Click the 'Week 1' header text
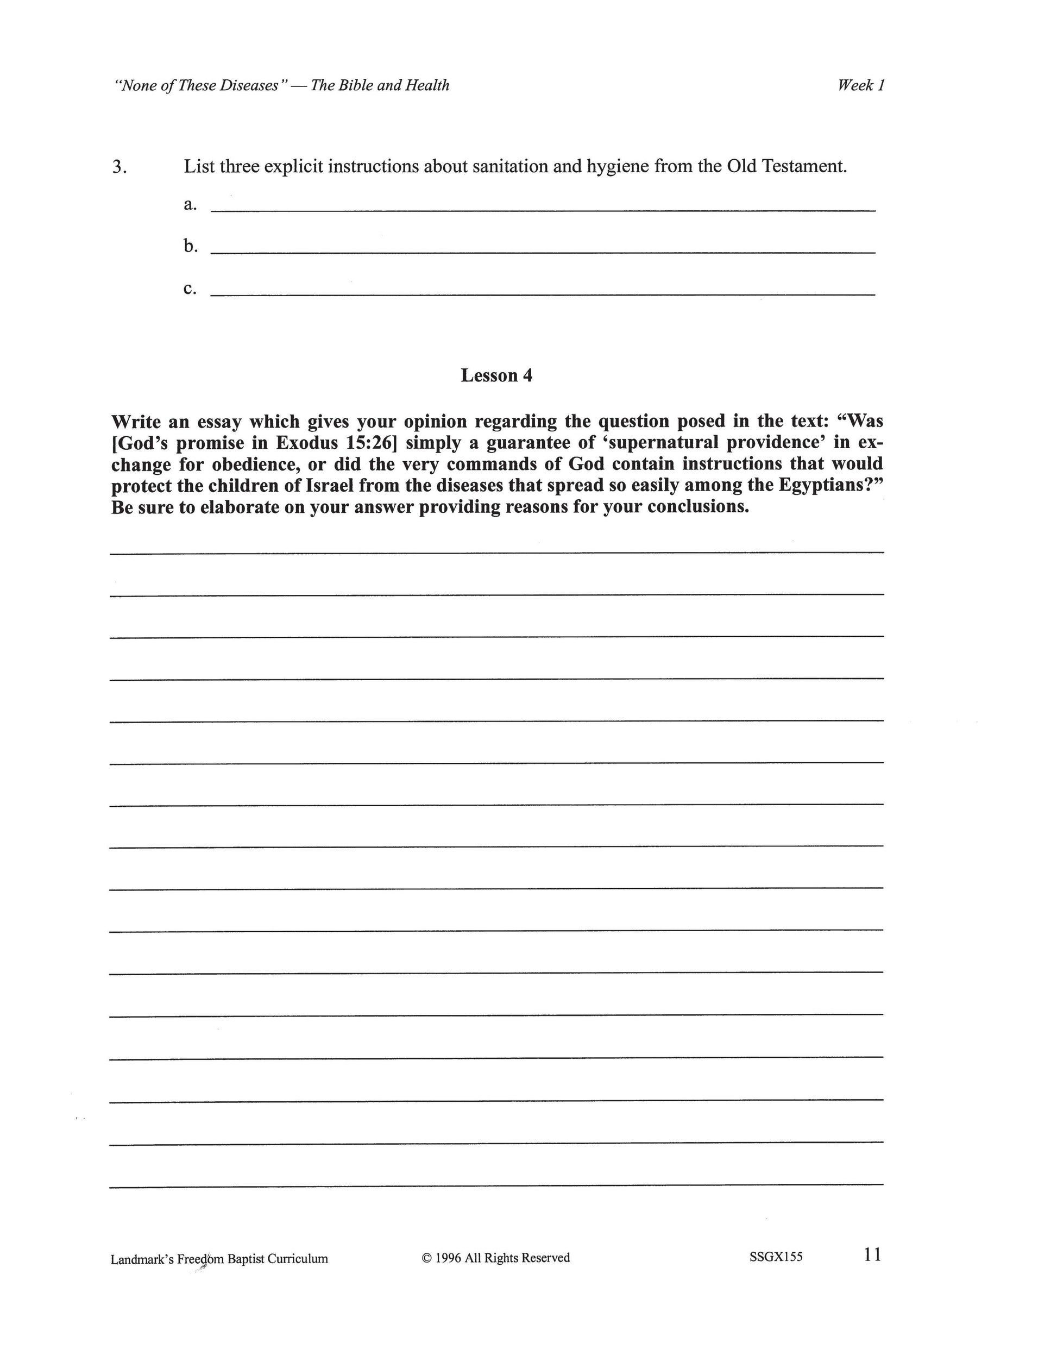click(861, 85)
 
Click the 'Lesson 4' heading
click(496, 375)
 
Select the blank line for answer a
click(542, 210)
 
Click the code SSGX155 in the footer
click(776, 1257)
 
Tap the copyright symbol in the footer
click(427, 1258)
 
